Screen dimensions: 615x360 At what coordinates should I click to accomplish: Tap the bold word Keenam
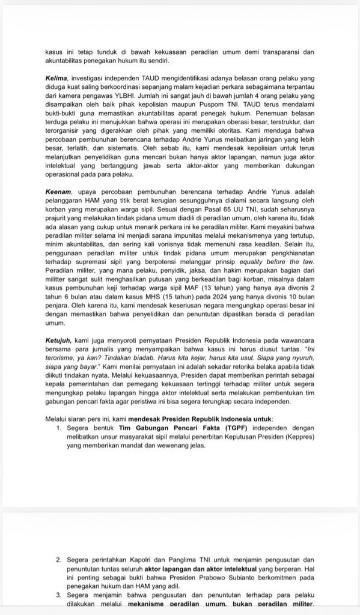[58, 189]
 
